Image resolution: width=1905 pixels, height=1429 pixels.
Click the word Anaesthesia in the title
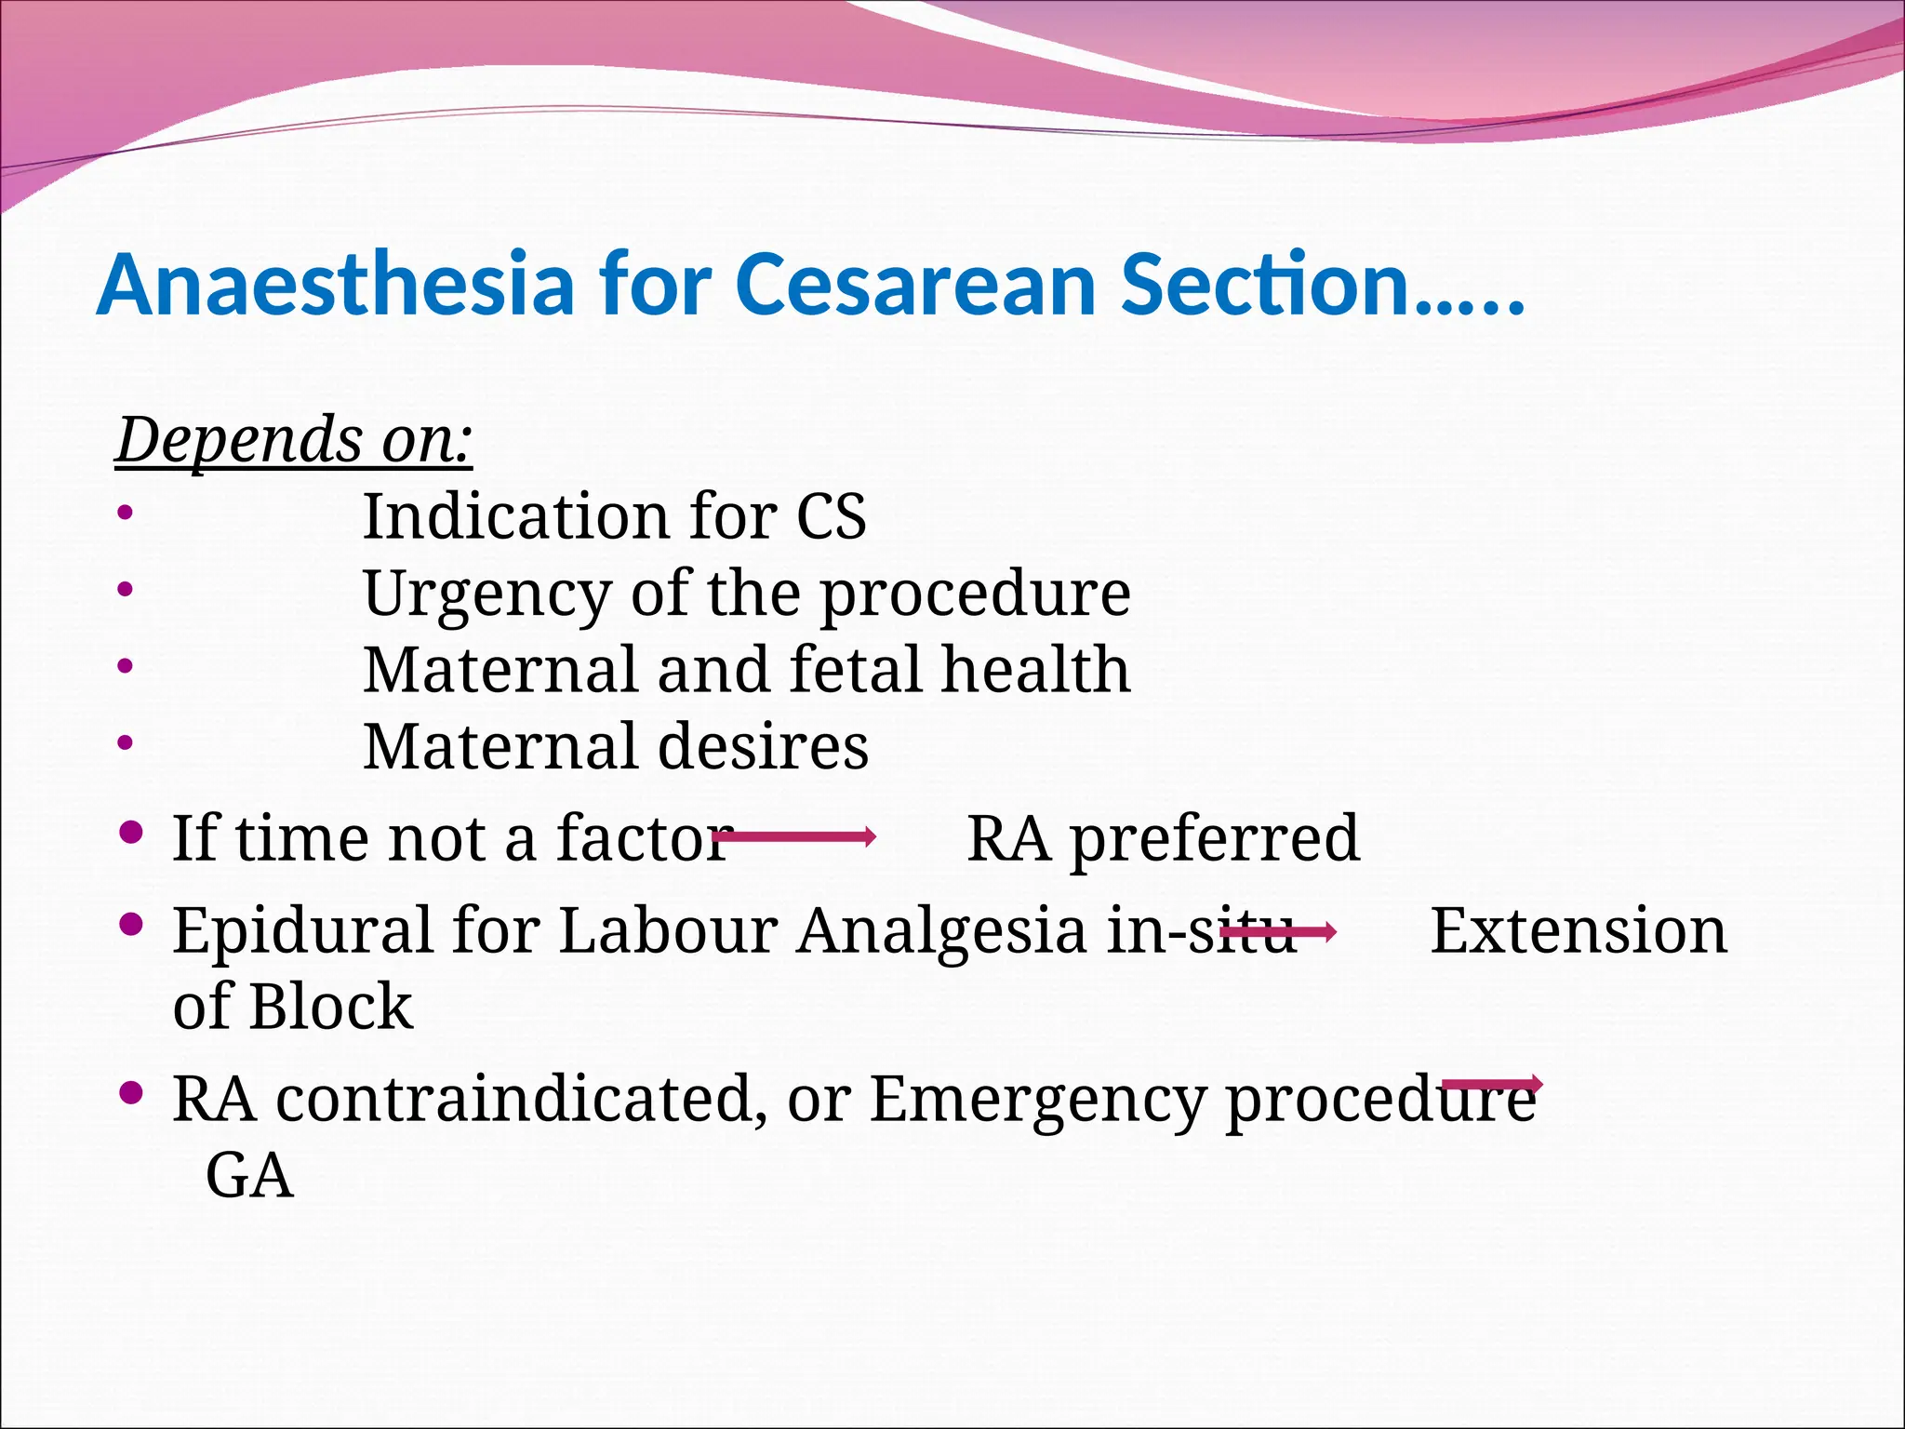(335, 285)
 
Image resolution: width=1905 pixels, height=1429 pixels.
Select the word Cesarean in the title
(915, 285)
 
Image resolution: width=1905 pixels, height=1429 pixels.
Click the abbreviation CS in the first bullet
(831, 516)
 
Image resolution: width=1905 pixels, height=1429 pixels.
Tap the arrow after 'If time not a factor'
(795, 836)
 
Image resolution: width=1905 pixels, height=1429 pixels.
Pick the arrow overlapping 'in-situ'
(1278, 930)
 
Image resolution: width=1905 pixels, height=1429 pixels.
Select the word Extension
(1578, 930)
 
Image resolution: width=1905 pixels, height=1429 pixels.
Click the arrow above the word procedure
(1492, 1084)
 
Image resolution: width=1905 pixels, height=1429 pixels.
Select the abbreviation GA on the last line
(248, 1177)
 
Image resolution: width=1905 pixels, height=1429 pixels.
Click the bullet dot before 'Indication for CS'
(126, 513)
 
